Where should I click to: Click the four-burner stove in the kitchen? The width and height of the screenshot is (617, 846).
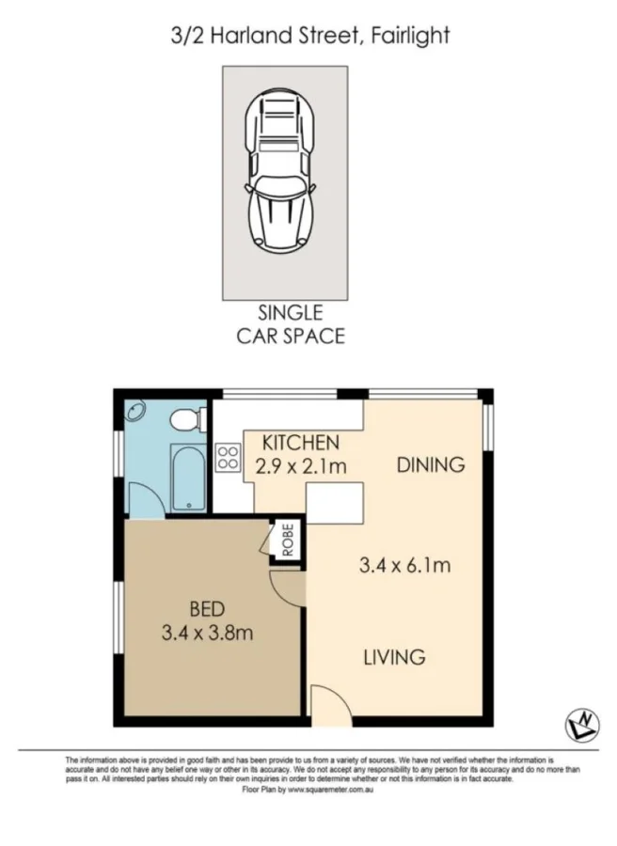[229, 458]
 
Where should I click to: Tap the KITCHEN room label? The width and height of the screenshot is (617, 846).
[299, 442]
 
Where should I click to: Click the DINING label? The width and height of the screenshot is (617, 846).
[430, 463]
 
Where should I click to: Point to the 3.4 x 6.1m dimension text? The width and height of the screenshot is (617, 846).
[404, 565]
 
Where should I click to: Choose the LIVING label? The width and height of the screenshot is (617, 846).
[395, 657]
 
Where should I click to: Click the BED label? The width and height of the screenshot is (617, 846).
[205, 608]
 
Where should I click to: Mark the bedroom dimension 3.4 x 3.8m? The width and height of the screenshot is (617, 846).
[205, 632]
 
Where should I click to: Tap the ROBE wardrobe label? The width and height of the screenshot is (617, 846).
[286, 540]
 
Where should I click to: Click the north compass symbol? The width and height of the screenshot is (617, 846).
[582, 725]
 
